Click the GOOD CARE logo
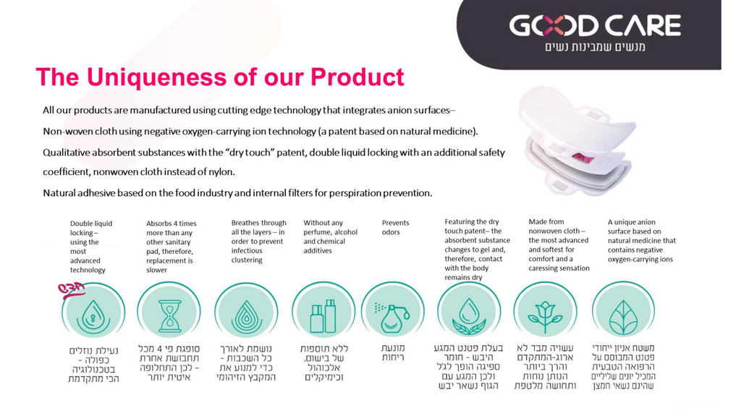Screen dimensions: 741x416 595,25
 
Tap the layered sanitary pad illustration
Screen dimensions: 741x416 577,141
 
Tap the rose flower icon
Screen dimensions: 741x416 545,315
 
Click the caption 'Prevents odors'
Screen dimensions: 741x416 396,227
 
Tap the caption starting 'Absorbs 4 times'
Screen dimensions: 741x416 171,246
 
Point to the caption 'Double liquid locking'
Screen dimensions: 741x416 91,246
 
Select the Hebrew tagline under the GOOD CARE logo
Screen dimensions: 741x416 595,47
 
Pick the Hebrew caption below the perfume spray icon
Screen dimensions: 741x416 393,352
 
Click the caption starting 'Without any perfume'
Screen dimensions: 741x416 330,237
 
